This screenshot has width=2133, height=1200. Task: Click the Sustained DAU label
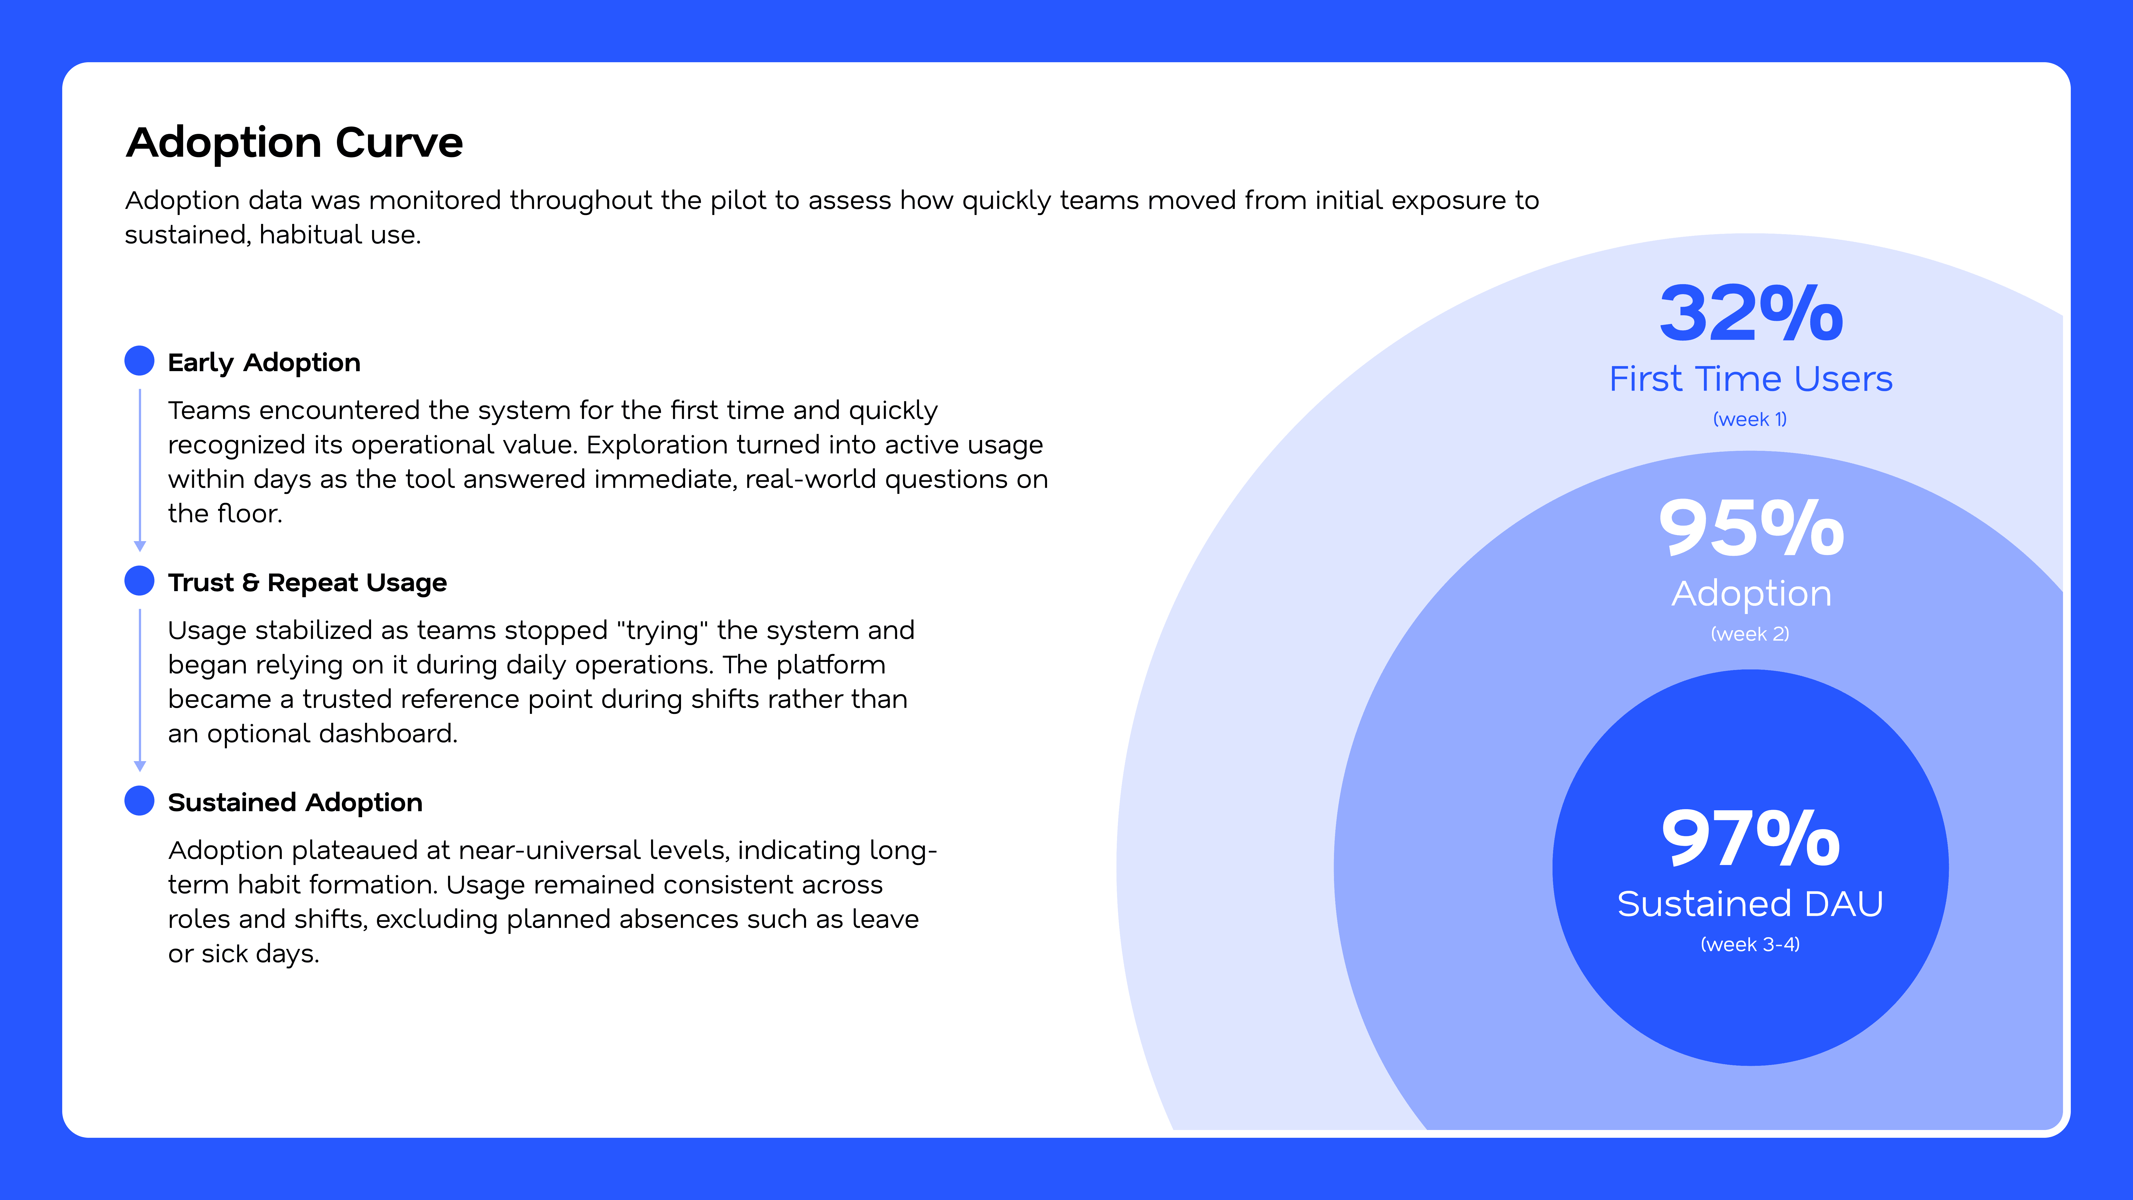pos(1750,904)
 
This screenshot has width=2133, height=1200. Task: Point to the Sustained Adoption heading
pos(295,802)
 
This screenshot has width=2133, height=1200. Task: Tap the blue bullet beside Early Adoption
pos(139,361)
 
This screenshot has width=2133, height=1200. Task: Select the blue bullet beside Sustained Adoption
pos(139,801)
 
